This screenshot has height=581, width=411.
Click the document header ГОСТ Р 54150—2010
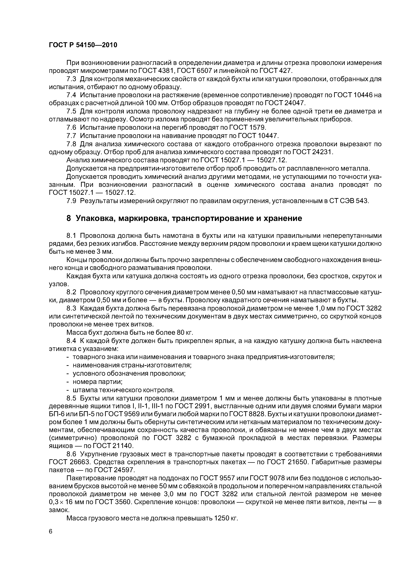pos(83,45)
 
